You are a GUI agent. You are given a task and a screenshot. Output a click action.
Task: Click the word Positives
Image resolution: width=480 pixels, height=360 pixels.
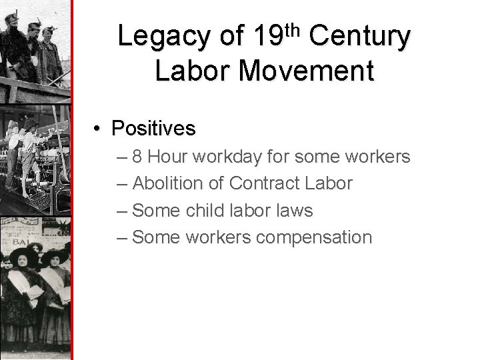coord(154,127)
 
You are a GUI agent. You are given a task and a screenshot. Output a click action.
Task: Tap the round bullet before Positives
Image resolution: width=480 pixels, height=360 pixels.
coord(98,128)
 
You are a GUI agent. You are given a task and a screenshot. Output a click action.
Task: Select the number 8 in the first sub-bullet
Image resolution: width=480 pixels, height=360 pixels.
coord(137,157)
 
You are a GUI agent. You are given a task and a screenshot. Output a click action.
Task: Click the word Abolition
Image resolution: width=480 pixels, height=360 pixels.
coord(177,183)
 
